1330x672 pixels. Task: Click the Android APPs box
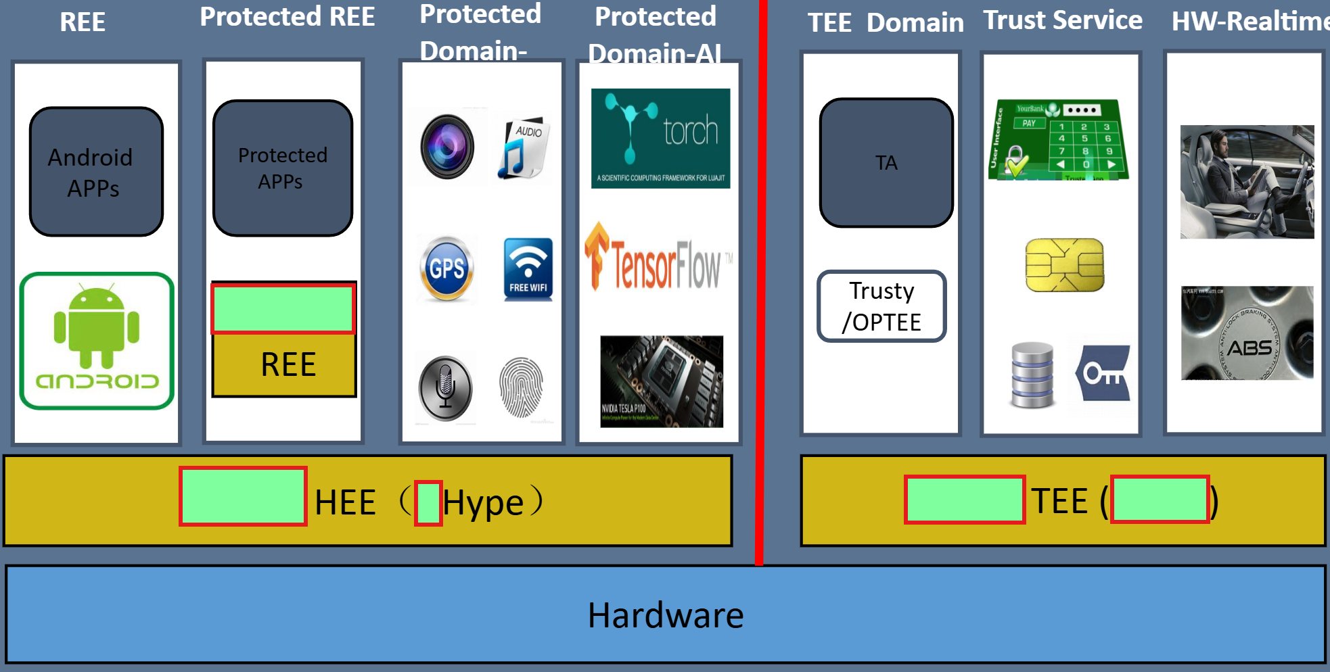click(x=96, y=172)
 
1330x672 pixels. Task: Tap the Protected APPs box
click(x=283, y=168)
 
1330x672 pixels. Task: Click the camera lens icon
click(x=447, y=147)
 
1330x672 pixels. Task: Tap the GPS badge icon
click(x=446, y=268)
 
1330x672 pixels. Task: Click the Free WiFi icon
click(x=528, y=269)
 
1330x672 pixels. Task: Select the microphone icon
click(x=445, y=389)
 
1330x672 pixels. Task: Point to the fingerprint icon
click(x=521, y=388)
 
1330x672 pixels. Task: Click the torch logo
click(x=660, y=138)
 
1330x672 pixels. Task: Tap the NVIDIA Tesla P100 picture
click(x=661, y=381)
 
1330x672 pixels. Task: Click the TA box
click(x=886, y=163)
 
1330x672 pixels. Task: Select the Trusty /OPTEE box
click(x=881, y=306)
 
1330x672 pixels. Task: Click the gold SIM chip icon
click(x=1064, y=265)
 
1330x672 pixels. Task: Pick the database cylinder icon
click(x=1032, y=375)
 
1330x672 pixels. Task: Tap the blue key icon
click(x=1103, y=373)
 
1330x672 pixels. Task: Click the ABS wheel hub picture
click(x=1247, y=333)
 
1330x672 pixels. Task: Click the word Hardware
click(x=665, y=615)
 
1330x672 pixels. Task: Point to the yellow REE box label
click(x=288, y=365)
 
